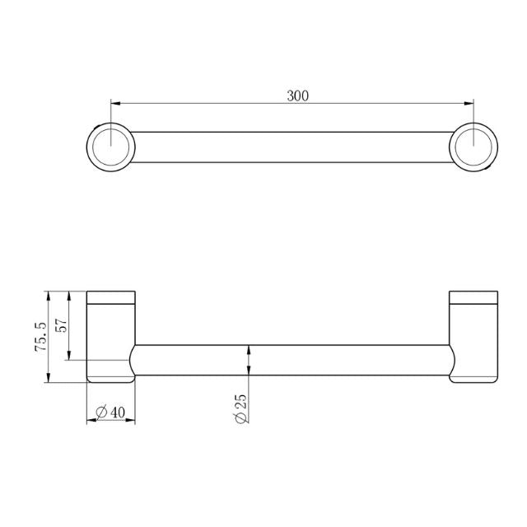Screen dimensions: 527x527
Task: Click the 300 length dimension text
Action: [297, 96]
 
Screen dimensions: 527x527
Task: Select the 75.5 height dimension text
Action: [40, 337]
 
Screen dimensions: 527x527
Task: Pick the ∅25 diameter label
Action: [240, 408]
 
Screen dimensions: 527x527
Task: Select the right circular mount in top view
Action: [473, 147]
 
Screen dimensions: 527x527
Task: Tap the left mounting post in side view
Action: [111, 338]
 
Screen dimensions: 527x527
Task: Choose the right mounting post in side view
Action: [472, 338]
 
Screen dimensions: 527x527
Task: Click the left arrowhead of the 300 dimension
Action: [114, 104]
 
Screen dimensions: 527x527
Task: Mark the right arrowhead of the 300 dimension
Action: [469, 104]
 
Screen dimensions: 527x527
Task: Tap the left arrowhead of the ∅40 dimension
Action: [91, 420]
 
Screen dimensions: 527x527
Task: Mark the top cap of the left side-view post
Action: [111, 297]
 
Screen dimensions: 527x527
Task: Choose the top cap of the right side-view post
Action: [472, 297]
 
